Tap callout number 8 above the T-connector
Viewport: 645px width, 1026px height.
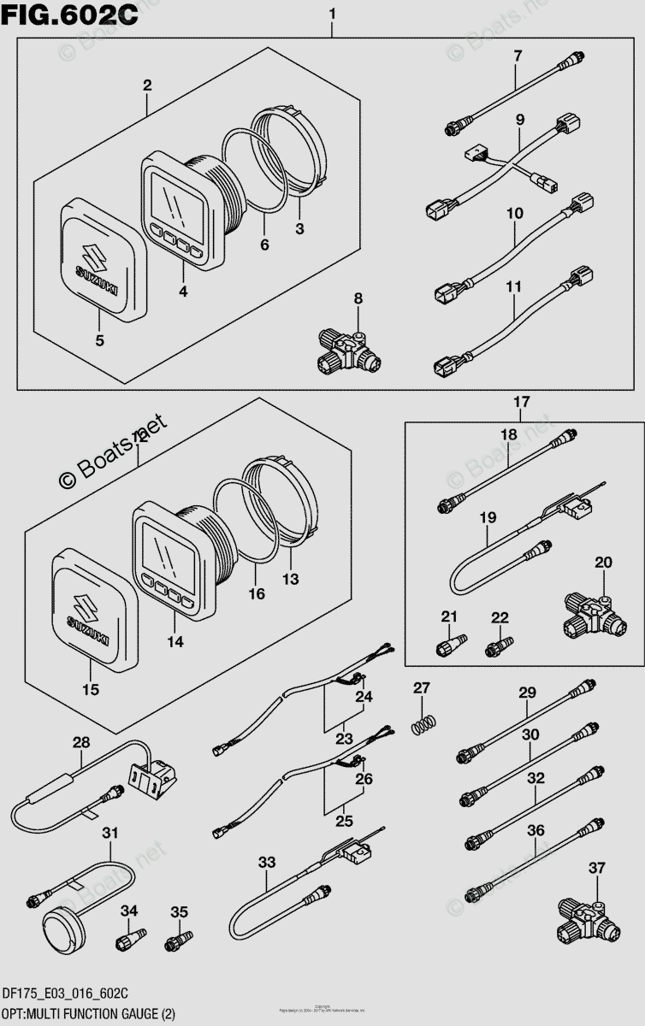pos(358,298)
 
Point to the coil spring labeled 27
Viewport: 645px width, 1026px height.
pos(419,722)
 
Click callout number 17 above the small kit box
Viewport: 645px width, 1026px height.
pos(522,402)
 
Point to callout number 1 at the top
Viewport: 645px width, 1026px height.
pos(332,14)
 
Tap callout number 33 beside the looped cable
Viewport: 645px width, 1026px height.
pos(267,863)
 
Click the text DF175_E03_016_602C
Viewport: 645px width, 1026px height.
pos(65,993)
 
